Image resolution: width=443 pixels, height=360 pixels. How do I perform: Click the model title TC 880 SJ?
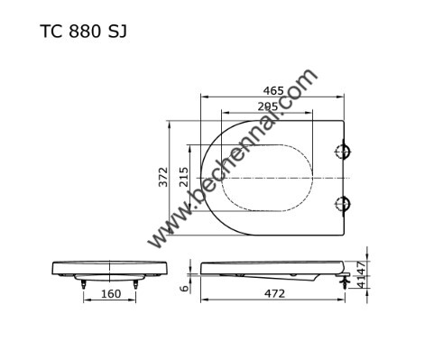point(83,32)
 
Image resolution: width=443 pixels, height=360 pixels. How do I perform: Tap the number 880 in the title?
point(85,32)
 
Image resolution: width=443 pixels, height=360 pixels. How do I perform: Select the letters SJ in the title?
point(117,32)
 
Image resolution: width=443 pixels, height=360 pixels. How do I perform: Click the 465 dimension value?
point(273,90)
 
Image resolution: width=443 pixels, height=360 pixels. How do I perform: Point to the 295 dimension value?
point(268,106)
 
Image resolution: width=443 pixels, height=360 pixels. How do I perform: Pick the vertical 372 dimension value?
point(163,177)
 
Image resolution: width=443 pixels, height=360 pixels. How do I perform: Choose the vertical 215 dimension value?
point(183,177)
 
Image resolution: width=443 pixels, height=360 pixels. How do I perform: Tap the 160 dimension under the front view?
point(111,293)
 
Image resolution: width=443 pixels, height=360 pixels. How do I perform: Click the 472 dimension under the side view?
point(274,293)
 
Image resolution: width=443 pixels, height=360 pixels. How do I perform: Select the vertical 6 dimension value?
point(184,288)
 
